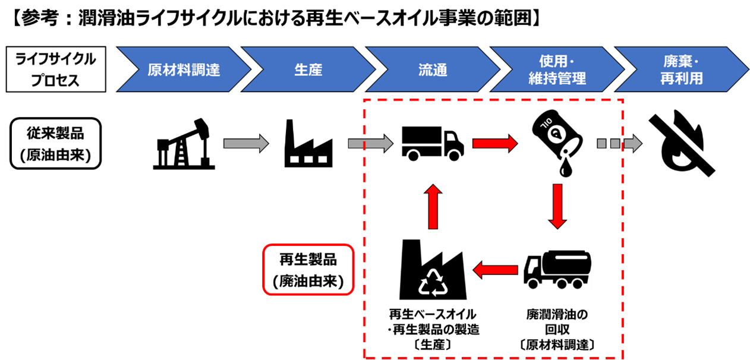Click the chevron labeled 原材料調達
click(184, 70)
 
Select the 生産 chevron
click(308, 70)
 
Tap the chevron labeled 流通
click(433, 70)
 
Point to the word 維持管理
click(557, 78)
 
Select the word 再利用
click(681, 78)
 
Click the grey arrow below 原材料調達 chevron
click(246, 143)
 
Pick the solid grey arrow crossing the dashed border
click(370, 143)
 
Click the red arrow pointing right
click(495, 143)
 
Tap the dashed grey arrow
click(619, 143)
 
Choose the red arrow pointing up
click(433, 207)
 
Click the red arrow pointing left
click(495, 270)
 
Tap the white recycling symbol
click(433, 282)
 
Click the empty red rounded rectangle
click(308, 269)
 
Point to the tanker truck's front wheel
click(533, 284)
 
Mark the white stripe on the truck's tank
click(572, 258)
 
